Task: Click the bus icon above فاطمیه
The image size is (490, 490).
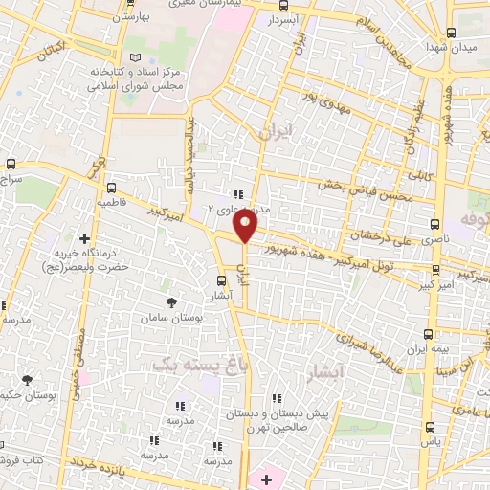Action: [x=112, y=188]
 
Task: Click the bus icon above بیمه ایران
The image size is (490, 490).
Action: [x=427, y=334]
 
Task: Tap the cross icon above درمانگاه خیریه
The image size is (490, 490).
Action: [x=85, y=238]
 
